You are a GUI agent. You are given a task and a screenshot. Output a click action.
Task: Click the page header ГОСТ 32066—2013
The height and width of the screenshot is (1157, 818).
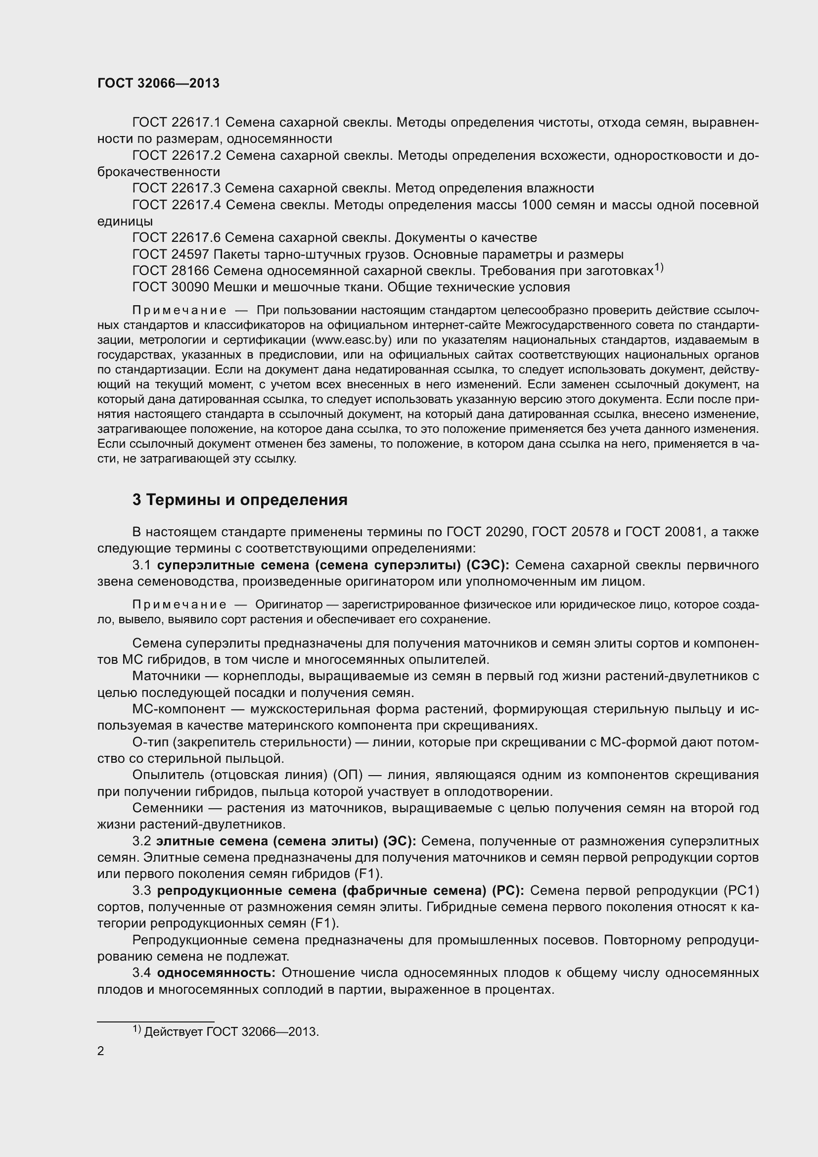pos(158,83)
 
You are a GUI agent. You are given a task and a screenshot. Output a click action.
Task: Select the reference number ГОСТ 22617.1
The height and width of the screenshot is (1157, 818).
pos(176,123)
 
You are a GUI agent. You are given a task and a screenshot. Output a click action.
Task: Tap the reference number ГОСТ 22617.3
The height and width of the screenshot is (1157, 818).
pos(176,188)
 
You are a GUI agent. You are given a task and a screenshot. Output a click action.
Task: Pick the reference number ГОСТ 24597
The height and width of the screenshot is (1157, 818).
pos(171,254)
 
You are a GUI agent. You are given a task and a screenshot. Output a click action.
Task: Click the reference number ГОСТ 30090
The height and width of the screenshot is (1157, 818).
pos(171,287)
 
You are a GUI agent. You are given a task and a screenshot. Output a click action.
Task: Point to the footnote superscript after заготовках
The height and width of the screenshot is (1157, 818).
pos(659,268)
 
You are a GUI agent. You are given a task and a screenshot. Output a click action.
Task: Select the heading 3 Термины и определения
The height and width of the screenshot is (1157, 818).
pos(240,500)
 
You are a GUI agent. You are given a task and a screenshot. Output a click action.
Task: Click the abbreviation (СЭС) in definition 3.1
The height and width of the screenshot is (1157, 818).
pos(488,565)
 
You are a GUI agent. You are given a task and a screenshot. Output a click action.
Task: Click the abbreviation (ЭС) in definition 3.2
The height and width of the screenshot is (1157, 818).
pos(400,841)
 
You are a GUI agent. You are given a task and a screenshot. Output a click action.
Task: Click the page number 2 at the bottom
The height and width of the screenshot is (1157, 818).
pos(101,1051)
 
